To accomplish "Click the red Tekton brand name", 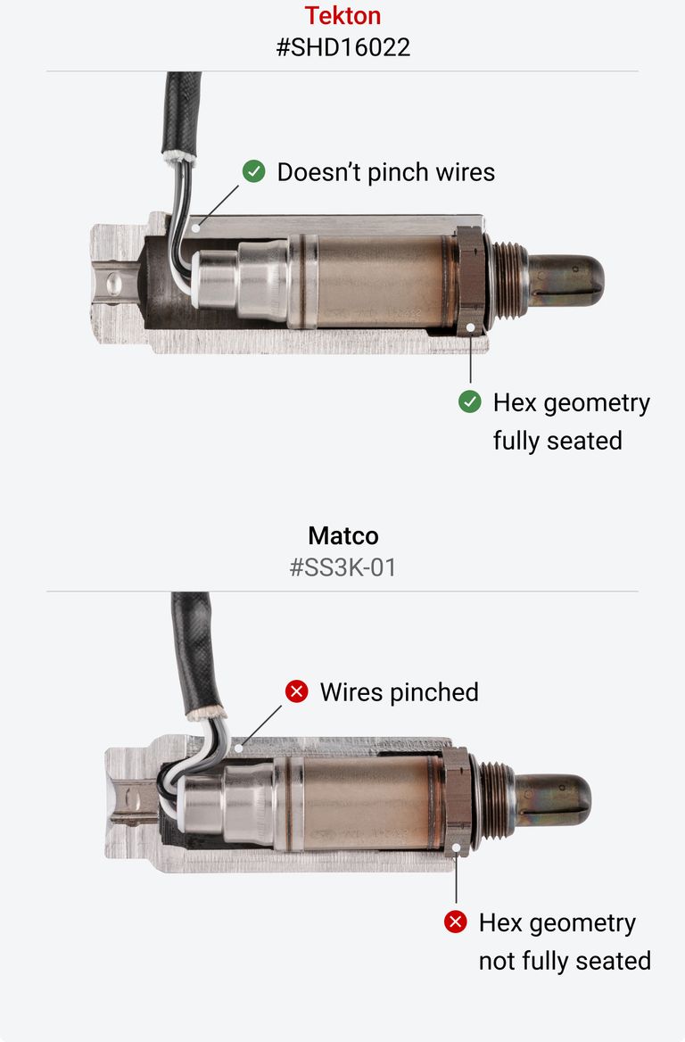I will [342, 15].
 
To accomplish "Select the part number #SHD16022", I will [342, 47].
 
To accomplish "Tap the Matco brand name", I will [342, 535].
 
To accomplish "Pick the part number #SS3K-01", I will [342, 567].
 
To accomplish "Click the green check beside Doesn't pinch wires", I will [254, 171].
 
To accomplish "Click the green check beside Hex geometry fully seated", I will [470, 402].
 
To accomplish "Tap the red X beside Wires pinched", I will [296, 691].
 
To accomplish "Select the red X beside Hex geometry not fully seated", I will [456, 922].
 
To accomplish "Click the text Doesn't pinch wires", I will [385, 171].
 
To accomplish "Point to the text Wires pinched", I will [399, 691].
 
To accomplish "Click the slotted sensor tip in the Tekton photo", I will [565, 279].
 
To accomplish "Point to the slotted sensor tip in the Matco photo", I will [552, 798].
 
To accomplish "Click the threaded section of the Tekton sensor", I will [507, 278].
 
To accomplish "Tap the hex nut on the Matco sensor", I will [456, 799].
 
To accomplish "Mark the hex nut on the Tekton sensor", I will [469, 279].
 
